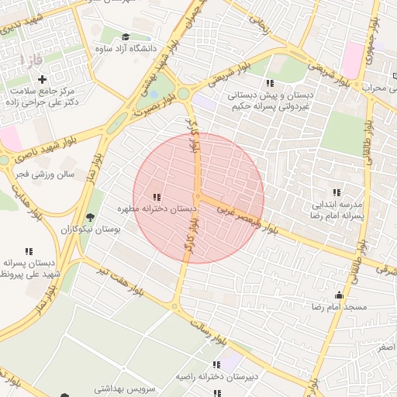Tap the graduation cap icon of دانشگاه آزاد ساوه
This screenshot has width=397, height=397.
[126, 36]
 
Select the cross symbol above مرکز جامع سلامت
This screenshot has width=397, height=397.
[42, 79]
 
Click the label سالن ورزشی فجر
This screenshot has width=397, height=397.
[43, 174]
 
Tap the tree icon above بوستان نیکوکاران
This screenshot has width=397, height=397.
[90, 217]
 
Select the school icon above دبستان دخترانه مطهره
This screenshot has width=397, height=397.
[157, 197]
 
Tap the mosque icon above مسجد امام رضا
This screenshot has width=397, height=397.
[339, 295]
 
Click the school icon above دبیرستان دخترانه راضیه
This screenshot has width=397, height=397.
[216, 364]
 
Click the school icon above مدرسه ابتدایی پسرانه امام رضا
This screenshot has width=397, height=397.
[336, 192]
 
